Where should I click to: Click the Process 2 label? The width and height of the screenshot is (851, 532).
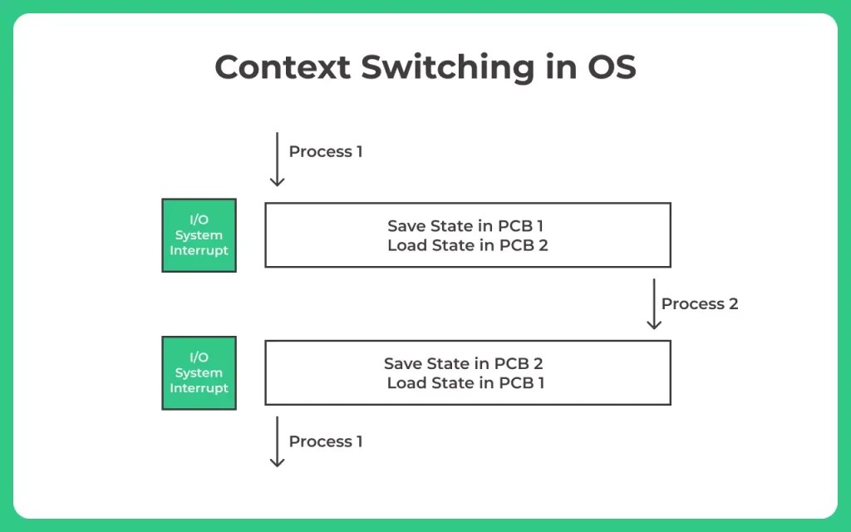tap(699, 303)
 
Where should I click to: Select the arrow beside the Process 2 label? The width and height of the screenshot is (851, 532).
tap(654, 303)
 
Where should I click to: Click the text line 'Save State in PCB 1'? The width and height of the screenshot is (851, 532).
tap(465, 225)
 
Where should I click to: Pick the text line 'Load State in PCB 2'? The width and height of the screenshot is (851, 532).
tap(467, 245)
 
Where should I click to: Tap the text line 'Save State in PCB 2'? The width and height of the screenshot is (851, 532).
tap(463, 363)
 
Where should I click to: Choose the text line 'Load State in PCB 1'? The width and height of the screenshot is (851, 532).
tap(465, 383)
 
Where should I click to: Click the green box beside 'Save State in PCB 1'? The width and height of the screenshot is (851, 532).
tap(199, 235)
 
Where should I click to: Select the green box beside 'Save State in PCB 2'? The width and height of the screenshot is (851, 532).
tap(199, 372)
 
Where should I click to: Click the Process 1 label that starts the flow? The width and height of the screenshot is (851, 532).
tap(325, 151)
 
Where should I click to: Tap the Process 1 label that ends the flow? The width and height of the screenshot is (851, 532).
tap(325, 441)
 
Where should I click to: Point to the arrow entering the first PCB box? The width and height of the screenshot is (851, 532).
tap(278, 160)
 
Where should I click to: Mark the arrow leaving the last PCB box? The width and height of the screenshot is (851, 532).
tap(278, 441)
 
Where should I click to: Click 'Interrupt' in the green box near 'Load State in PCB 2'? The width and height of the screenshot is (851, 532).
tap(199, 250)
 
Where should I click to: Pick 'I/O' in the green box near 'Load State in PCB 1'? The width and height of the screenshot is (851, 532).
tap(199, 357)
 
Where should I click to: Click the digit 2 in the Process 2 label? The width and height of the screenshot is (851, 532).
tap(732, 303)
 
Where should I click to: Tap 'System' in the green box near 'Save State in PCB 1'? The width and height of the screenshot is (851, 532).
tap(199, 235)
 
